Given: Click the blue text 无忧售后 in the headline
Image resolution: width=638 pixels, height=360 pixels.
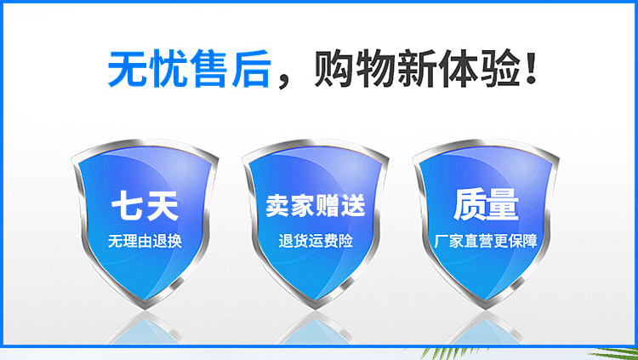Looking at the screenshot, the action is click(189, 68).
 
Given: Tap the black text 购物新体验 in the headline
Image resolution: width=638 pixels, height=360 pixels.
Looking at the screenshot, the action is click(417, 68).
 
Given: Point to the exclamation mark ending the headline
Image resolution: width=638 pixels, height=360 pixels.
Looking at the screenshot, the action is click(531, 67).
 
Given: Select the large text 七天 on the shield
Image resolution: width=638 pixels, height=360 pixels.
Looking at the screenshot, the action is click(145, 206).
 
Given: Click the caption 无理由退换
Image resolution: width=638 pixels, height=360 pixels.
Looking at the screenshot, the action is click(145, 241).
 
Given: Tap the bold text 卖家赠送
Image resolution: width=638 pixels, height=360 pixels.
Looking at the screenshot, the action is click(316, 206).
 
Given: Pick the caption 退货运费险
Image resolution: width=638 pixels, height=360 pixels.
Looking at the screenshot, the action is click(316, 241).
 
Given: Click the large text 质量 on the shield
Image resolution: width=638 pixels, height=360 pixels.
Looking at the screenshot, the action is click(486, 205).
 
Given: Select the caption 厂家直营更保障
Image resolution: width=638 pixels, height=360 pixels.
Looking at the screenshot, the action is click(486, 241).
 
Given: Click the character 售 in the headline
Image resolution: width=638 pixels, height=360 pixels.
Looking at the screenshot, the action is click(208, 68).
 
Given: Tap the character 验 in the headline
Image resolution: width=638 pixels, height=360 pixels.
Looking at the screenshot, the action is click(500, 68).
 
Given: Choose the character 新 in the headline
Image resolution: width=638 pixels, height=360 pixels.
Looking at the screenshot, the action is click(417, 68).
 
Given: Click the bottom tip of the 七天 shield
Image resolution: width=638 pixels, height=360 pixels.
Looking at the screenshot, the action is click(145, 308).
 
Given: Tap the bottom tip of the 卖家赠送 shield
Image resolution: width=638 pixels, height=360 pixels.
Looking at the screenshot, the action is click(316, 308).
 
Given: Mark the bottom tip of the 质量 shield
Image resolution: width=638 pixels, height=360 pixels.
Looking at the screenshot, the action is click(486, 308).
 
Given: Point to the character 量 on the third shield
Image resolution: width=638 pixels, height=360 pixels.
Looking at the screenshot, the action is click(503, 205).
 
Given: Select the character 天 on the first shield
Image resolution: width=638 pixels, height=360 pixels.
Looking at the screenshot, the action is click(162, 206).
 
